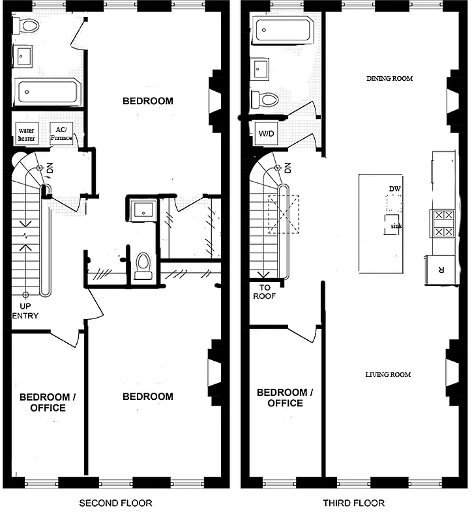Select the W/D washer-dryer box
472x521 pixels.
[x=266, y=134]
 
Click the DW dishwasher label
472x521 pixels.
[x=394, y=189]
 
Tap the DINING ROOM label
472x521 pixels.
[x=389, y=79]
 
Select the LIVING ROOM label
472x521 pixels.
[x=388, y=374]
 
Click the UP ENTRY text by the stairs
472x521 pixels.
[x=25, y=311]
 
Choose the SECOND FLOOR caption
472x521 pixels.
[x=115, y=503]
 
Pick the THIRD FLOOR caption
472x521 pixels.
[x=353, y=503]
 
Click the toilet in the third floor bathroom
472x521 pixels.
[x=265, y=100]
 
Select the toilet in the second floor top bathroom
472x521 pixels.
[x=27, y=25]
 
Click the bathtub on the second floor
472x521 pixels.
[x=47, y=91]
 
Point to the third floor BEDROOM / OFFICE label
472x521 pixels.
[x=285, y=397]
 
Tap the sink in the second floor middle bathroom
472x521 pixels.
[x=142, y=209]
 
